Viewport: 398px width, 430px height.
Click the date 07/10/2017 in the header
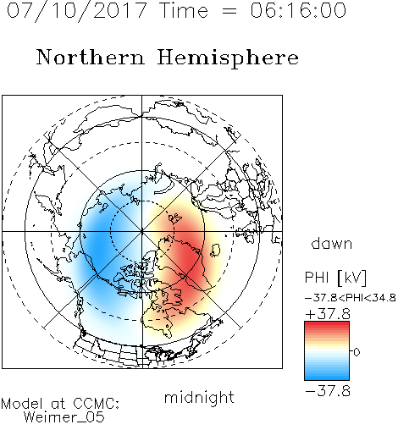(77, 11)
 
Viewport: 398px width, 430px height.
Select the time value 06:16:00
(298, 10)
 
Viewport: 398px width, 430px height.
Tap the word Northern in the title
(91, 58)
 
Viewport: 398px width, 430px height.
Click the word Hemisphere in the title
(228, 58)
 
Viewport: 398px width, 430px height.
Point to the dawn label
(332, 243)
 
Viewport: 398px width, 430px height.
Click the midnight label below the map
(199, 398)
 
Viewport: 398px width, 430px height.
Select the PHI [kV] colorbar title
(335, 278)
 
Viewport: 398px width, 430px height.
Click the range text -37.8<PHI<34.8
(350, 298)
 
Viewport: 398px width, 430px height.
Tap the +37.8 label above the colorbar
(328, 314)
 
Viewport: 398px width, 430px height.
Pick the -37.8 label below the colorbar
(328, 391)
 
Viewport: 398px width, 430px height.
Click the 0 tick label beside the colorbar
(357, 352)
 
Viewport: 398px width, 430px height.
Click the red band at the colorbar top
(327, 326)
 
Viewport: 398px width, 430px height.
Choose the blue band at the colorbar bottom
(327, 375)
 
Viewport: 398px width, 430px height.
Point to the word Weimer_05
(64, 417)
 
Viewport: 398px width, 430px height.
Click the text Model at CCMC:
(60, 404)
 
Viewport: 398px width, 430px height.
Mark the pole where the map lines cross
(141, 232)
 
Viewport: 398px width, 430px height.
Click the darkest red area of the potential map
(191, 261)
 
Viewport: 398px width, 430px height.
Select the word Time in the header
(184, 10)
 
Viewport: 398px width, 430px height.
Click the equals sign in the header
(229, 12)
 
